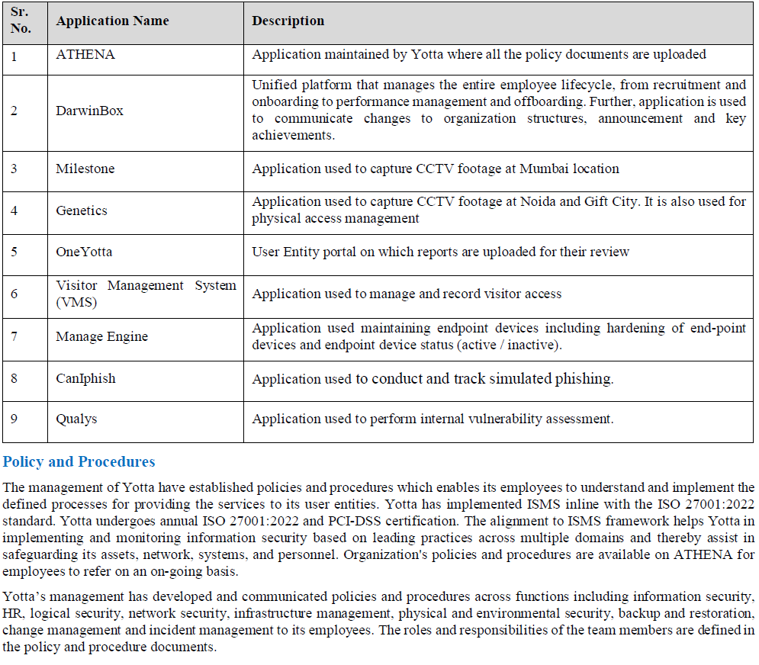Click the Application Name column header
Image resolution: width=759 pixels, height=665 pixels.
point(112,21)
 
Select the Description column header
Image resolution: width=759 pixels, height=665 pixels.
point(288,21)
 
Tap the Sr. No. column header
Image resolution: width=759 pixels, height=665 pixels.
point(21,21)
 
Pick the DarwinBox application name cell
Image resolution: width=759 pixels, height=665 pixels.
point(89,111)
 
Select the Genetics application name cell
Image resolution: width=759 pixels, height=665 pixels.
point(82,210)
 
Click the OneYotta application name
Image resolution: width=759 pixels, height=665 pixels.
point(84,252)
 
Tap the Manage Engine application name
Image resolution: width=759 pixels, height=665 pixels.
point(102,336)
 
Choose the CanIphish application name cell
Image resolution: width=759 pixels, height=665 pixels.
point(85,379)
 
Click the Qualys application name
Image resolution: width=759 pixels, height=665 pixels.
point(76,419)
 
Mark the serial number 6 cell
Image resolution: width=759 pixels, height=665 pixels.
point(14,294)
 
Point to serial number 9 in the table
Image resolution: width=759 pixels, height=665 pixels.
point(14,419)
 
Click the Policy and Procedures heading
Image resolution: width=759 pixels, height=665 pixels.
point(79,462)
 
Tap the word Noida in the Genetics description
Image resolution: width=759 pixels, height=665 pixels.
point(554,202)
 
